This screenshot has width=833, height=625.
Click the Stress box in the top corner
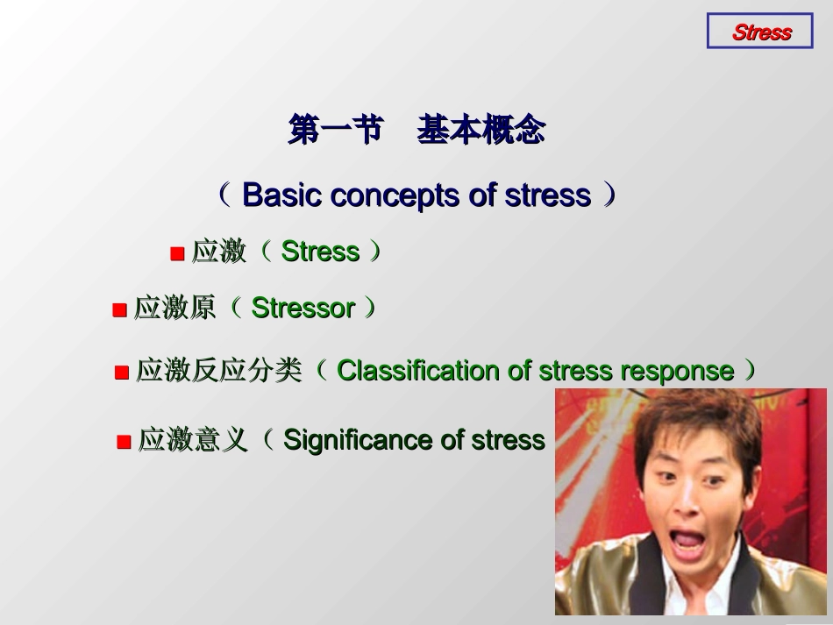click(760, 32)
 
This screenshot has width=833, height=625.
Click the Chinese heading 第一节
click(336, 131)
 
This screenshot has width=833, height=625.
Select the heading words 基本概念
click(481, 131)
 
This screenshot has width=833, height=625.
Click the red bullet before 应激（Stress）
click(177, 254)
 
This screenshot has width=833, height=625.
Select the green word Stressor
click(303, 309)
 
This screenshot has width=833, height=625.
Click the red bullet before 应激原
click(119, 310)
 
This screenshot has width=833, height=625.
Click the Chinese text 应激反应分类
click(218, 371)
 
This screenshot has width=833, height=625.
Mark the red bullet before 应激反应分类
click(122, 373)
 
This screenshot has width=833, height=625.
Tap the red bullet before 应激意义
click(124, 442)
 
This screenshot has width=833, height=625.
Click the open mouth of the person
click(687, 542)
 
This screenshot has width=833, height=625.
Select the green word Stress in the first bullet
click(320, 252)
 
